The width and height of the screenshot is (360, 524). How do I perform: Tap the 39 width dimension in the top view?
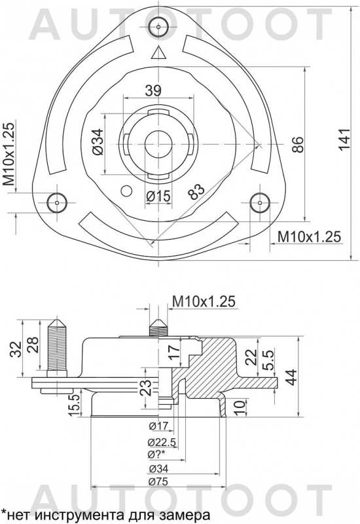153,91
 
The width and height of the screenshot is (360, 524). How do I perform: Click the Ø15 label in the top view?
158,195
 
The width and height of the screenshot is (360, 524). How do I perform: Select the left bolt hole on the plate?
58,202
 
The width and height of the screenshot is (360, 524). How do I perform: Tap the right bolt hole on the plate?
260,202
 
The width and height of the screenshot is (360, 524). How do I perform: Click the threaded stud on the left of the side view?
57,347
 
